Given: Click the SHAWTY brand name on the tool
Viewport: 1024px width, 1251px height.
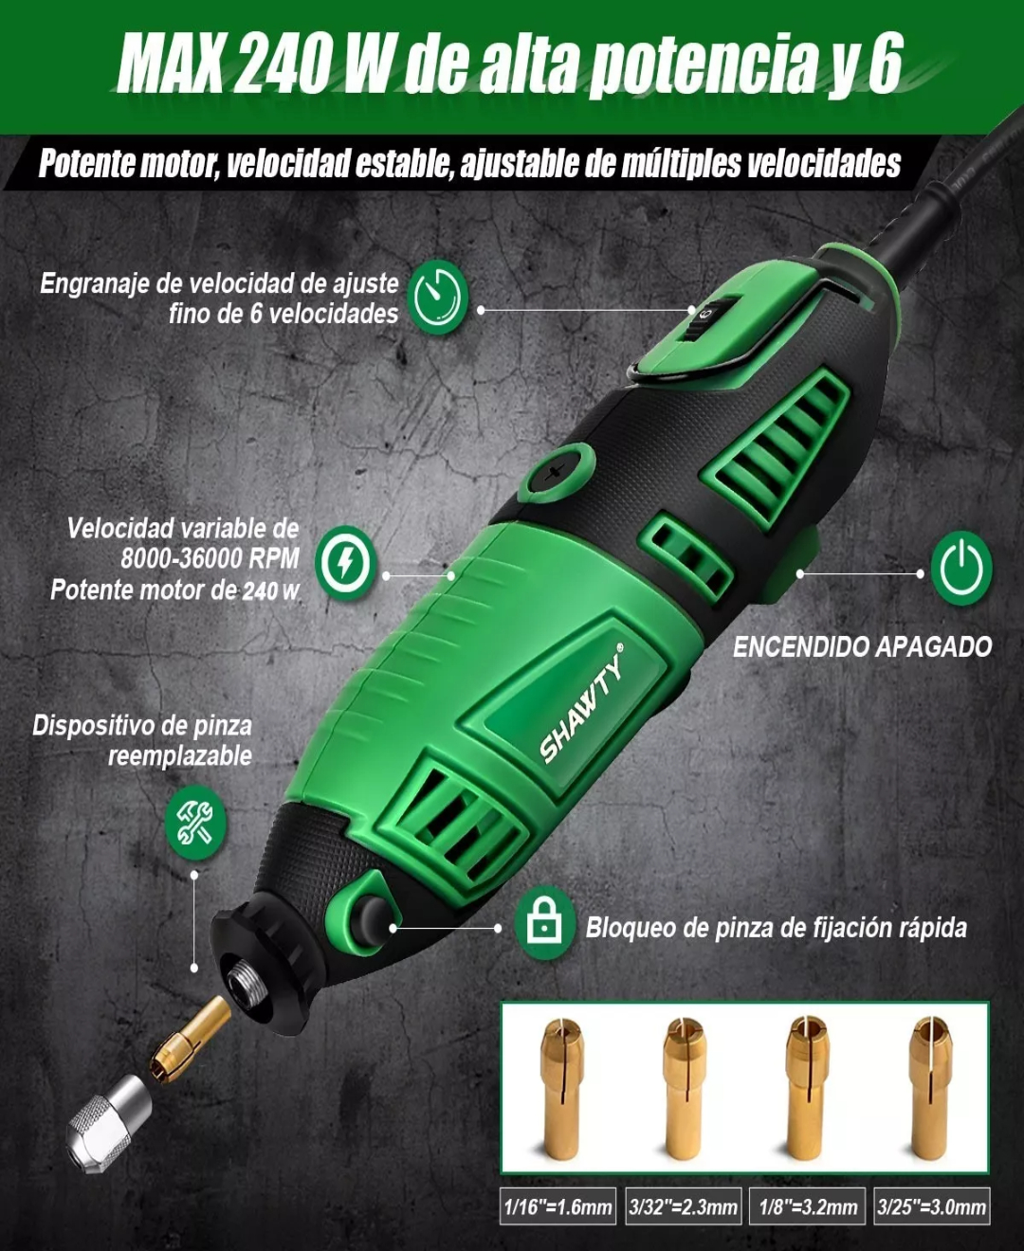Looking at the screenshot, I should pos(582,706).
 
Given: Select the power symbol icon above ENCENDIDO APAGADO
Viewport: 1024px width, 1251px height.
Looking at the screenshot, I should pos(960,568).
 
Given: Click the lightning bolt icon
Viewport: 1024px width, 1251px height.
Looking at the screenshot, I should pos(345,563).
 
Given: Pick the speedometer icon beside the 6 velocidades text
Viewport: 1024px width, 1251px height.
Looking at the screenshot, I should pos(437,298).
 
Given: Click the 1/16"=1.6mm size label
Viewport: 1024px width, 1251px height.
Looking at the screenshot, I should pos(558,1206).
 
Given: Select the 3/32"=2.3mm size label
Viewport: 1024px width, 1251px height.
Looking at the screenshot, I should pos(683,1206).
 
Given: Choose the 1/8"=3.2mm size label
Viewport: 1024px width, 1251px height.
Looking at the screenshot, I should pos(808,1206).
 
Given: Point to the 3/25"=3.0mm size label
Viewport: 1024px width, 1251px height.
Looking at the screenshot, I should pos(931,1206).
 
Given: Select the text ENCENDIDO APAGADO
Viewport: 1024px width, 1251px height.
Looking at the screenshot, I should pos(862,647).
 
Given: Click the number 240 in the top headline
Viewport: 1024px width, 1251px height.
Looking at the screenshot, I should pos(282,64).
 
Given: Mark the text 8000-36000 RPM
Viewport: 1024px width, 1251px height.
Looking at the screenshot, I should pos(210,558).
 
